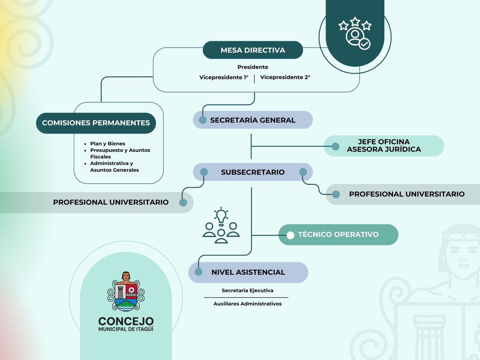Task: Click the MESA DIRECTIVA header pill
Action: tap(253, 50)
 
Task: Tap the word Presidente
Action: tap(253, 67)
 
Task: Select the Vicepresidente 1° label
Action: tap(224, 77)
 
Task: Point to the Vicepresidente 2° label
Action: tap(285, 77)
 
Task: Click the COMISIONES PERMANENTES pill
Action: tap(96, 123)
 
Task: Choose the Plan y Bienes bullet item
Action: tap(108, 144)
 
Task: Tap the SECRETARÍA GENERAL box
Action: tap(253, 120)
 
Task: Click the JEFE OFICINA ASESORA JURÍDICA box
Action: tap(384, 146)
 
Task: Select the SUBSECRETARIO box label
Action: tap(253, 172)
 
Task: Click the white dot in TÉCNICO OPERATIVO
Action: tap(290, 235)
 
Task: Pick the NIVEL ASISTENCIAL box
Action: tap(248, 272)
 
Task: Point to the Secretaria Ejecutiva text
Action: tap(247, 291)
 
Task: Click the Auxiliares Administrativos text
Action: tap(247, 304)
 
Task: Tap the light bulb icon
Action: tap(221, 216)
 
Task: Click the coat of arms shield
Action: tap(126, 292)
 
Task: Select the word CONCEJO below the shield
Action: tap(126, 321)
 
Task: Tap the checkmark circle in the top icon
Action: tap(364, 44)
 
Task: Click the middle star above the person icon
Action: tap(355, 22)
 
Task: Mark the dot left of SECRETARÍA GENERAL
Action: tap(202, 120)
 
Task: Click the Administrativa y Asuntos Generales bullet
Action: tap(114, 166)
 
